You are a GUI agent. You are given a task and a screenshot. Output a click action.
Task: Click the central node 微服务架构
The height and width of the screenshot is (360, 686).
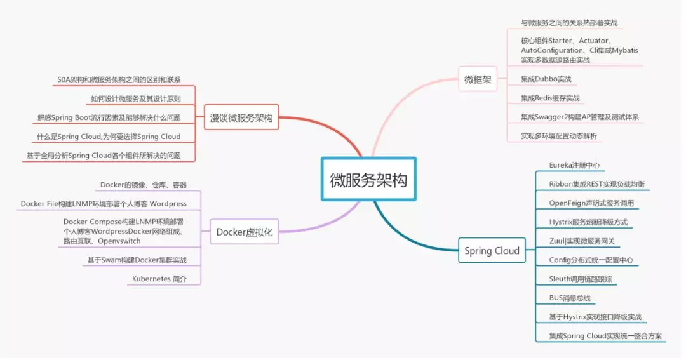tap(368, 180)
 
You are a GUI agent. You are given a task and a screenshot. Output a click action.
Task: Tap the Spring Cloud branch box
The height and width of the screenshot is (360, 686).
tap(492, 251)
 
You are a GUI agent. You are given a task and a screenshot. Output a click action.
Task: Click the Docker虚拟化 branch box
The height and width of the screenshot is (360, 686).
tap(244, 232)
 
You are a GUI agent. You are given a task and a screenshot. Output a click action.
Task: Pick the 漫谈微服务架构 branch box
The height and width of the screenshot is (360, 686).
tap(241, 118)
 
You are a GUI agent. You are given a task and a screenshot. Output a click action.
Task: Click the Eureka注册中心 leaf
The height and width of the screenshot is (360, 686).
tap(574, 165)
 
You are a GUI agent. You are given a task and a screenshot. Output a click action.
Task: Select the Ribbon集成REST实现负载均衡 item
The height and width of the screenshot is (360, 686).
tap(596, 184)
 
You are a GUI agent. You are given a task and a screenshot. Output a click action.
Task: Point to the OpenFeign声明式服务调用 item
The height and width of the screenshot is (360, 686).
tap(591, 203)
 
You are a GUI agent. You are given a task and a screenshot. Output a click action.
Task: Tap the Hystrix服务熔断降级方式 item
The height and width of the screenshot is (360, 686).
tap(588, 222)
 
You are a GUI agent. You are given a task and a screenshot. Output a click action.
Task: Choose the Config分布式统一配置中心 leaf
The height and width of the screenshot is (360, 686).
tap(591, 260)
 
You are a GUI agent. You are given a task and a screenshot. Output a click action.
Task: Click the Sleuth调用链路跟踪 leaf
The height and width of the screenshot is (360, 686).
tap(580, 279)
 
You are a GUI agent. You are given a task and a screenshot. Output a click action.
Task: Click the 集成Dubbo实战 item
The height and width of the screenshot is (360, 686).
tap(546, 79)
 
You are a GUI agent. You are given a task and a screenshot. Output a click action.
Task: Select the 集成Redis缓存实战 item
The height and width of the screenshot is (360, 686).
tap(550, 98)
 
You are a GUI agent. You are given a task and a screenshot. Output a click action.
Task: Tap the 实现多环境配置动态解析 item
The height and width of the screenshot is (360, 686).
tap(558, 136)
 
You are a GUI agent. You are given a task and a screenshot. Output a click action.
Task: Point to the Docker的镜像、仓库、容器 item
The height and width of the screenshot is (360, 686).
tap(144, 185)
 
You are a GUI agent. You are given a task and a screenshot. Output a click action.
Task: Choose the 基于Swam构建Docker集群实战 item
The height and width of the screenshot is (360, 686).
tap(137, 260)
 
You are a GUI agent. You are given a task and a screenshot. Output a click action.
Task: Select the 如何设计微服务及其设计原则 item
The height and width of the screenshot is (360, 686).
tap(135, 99)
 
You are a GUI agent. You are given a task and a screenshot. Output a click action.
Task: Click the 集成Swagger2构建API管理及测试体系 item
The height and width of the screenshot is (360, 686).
tap(579, 117)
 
